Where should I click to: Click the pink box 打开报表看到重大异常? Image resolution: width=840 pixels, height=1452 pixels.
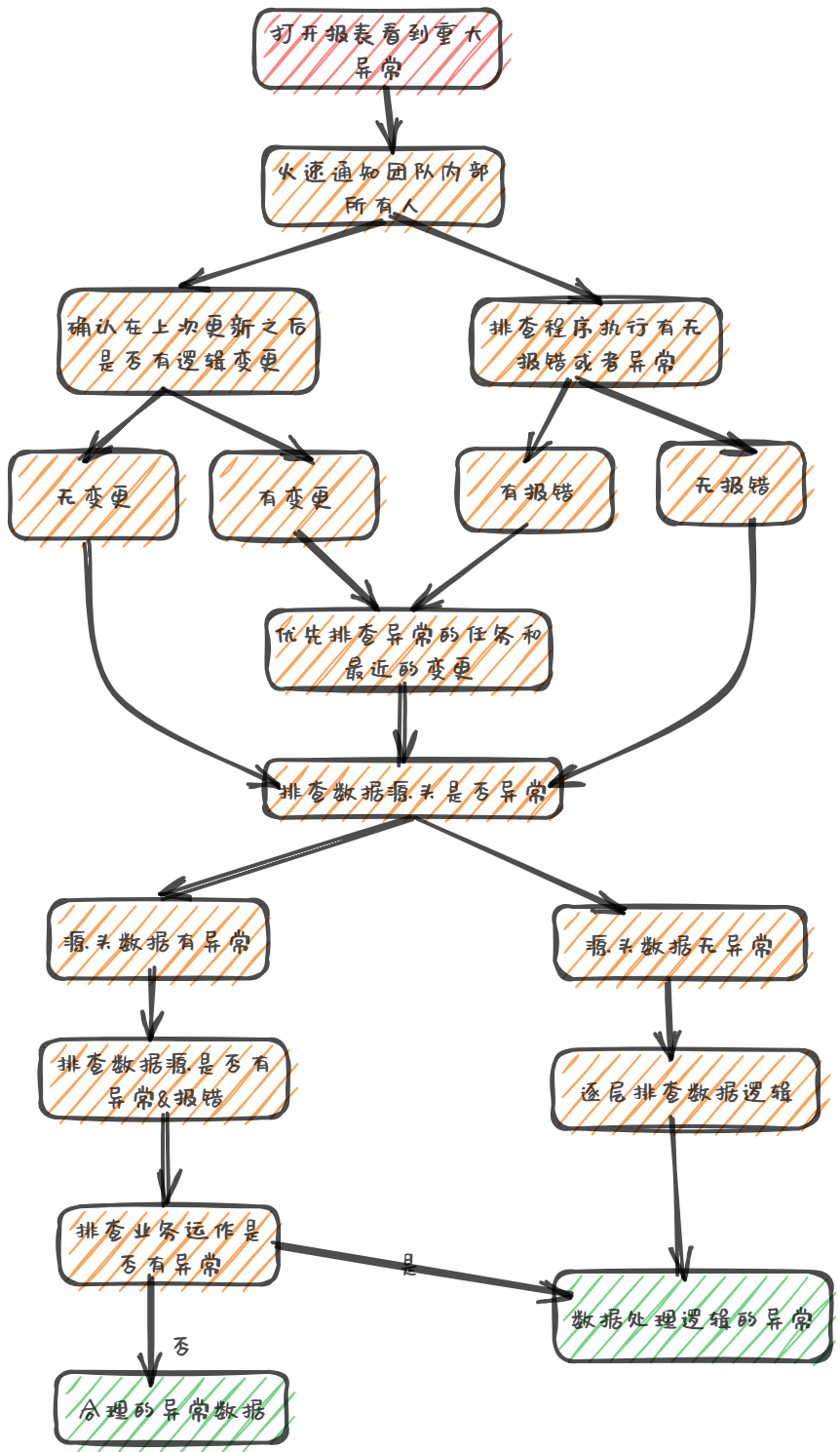(x=378, y=49)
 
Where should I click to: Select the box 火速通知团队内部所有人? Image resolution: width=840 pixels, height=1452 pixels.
(x=383, y=186)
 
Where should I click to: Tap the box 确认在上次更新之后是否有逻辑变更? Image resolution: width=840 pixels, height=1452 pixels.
(x=188, y=341)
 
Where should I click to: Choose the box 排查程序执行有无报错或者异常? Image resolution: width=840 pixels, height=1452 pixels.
(x=596, y=343)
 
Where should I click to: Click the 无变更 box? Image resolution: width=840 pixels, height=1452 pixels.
(x=94, y=495)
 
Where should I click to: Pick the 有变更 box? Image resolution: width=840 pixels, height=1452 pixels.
(x=294, y=495)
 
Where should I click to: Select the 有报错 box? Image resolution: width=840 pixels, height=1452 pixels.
(x=535, y=491)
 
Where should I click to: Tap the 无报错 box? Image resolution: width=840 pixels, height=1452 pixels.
(x=731, y=484)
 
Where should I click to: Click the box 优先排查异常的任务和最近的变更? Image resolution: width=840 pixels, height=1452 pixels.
(x=408, y=650)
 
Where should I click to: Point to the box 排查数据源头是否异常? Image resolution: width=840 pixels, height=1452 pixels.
(x=413, y=789)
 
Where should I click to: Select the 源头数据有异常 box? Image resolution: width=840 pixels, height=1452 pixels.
(x=158, y=940)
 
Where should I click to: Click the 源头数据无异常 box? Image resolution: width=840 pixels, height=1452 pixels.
(x=680, y=944)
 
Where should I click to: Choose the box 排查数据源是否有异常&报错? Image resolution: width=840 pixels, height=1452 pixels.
(x=164, y=1079)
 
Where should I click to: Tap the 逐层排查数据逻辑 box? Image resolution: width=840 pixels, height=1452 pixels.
(x=685, y=1090)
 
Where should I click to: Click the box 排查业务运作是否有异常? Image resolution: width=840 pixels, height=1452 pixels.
(x=169, y=1245)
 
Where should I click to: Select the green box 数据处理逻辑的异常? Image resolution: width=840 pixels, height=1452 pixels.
(x=692, y=1317)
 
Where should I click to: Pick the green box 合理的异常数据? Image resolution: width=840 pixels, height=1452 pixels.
(x=172, y=1407)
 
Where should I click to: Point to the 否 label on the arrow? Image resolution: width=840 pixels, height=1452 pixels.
(x=181, y=1347)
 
